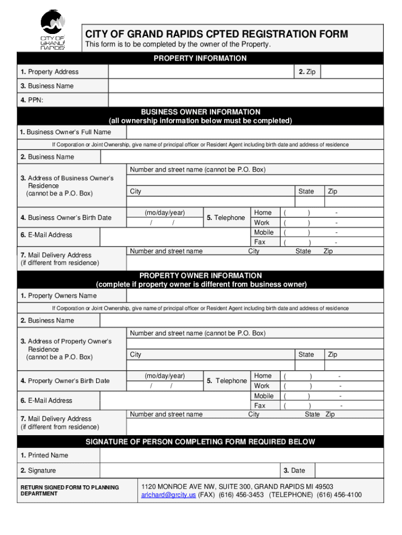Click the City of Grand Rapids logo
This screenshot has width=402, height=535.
pyautogui.click(x=53, y=30)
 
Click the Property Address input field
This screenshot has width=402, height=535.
pyautogui.click(x=200, y=72)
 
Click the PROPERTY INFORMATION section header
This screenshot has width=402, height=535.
pyautogui.click(x=200, y=59)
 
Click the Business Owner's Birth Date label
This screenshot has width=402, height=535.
pyautogui.click(x=66, y=218)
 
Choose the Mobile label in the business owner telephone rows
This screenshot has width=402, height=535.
pyautogui.click(x=264, y=232)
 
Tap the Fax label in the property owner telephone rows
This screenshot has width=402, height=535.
pyautogui.click(x=259, y=405)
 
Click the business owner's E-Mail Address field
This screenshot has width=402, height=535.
pyautogui.click(x=175, y=236)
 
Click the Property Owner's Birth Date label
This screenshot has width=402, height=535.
pyautogui.click(x=65, y=381)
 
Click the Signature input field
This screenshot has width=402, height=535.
pyautogui.click(x=190, y=470)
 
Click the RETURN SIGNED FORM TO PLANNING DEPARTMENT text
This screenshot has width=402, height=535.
pyautogui.click(x=69, y=491)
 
